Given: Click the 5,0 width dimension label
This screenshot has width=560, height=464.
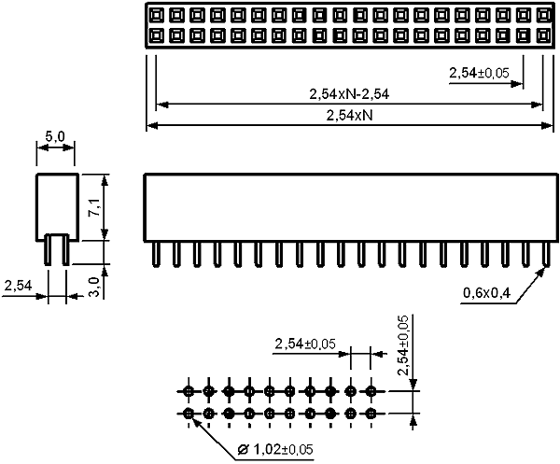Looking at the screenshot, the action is (x=55, y=136).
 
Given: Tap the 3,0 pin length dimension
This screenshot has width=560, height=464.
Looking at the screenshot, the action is (x=94, y=288).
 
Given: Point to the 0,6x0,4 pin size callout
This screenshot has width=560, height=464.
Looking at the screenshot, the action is (x=487, y=293).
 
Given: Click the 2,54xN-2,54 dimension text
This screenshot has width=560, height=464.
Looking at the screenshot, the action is (x=349, y=94).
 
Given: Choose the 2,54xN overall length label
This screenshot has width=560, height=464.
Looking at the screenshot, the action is (x=349, y=116).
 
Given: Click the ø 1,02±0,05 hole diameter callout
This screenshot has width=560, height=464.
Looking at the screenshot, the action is (x=275, y=449).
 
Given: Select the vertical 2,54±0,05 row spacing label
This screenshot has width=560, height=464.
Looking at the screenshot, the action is (x=403, y=345).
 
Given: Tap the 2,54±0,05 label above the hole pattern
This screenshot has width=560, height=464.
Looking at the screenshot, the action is (x=305, y=344).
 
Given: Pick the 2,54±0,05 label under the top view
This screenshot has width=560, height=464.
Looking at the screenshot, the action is (x=479, y=73).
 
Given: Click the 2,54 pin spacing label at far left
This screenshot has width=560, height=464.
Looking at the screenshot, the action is (x=18, y=286).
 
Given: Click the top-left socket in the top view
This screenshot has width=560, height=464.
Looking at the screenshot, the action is (x=156, y=15).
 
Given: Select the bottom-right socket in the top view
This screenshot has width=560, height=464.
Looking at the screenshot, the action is (x=543, y=35).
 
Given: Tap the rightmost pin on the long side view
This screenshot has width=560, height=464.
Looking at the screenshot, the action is (x=545, y=254).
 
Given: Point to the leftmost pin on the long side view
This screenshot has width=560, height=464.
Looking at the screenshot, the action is (x=156, y=254).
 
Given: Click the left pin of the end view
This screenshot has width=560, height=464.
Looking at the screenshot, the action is (x=48, y=249).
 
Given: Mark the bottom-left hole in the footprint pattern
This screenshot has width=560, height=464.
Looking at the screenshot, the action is (x=189, y=414).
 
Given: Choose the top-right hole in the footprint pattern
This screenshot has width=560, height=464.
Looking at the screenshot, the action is (x=371, y=391).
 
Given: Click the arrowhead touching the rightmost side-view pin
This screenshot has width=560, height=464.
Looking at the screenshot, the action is (x=540, y=273).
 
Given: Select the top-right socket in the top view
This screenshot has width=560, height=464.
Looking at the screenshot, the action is (x=543, y=15).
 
